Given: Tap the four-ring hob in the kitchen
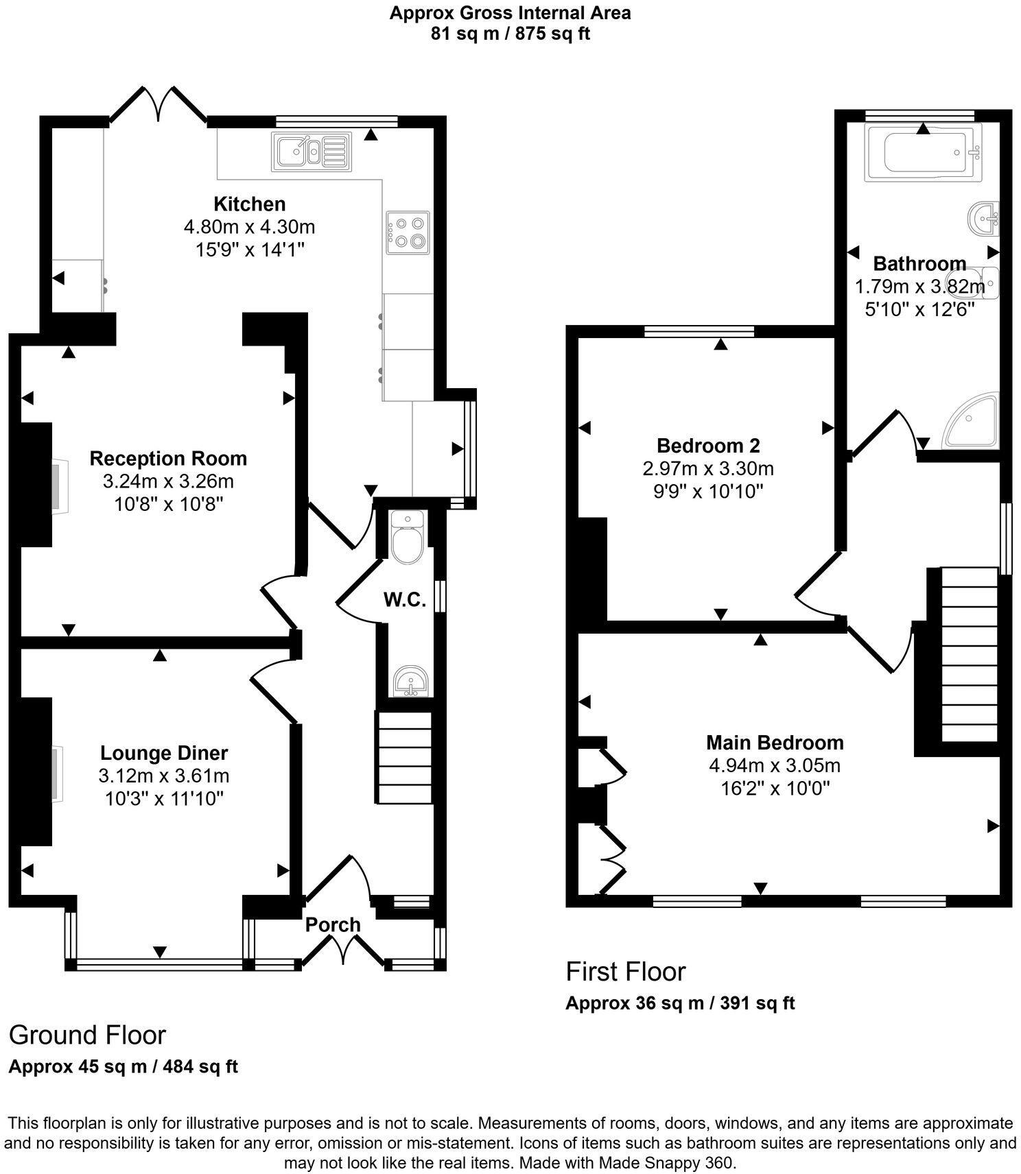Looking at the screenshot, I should pyautogui.click(x=408, y=232).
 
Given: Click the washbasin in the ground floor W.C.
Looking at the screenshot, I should pyautogui.click(x=411, y=681).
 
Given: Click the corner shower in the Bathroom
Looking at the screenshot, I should pyautogui.click(x=973, y=421).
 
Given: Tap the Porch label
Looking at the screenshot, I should pyautogui.click(x=333, y=924).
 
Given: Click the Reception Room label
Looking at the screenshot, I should pyautogui.click(x=168, y=458).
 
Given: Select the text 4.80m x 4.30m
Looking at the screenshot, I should pyautogui.click(x=249, y=226).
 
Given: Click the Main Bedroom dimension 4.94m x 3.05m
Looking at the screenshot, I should pyautogui.click(x=775, y=765).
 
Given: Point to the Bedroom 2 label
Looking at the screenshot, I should pyautogui.click(x=708, y=446).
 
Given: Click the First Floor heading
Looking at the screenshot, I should pyautogui.click(x=625, y=972).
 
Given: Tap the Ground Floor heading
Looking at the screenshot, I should pyautogui.click(x=87, y=1035).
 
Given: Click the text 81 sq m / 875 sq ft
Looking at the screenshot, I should pyautogui.click(x=510, y=34).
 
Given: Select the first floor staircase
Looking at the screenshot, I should pyautogui.click(x=969, y=654).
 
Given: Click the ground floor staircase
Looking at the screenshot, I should pyautogui.click(x=404, y=757).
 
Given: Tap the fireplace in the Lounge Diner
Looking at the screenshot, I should pyautogui.click(x=56, y=773).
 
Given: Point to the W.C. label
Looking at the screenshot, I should pyautogui.click(x=405, y=600).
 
